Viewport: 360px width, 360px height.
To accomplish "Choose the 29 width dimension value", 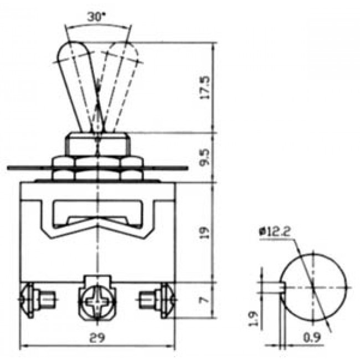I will pyautogui.click(x=98, y=337).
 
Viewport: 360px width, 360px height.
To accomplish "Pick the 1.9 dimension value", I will pyautogui.click(x=253, y=318).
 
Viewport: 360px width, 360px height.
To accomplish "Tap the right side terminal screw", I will pyautogui.click(x=166, y=301).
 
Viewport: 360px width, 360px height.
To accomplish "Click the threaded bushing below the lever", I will pyautogui.click(x=98, y=144).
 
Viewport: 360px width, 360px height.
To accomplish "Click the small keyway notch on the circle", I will pyautogui.click(x=281, y=286).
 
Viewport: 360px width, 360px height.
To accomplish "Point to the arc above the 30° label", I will pyautogui.click(x=98, y=26).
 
